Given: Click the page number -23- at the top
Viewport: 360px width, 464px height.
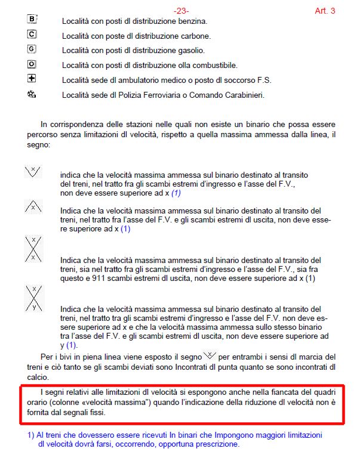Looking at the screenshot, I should pyautogui.click(x=181, y=11).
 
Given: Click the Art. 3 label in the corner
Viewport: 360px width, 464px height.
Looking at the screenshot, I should pyautogui.click(x=325, y=11).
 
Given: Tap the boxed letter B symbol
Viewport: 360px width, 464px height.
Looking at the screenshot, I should pyautogui.click(x=32, y=20).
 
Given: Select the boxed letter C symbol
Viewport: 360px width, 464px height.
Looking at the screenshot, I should pyautogui.click(x=32, y=34).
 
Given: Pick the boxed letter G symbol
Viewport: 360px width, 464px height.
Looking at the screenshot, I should pyautogui.click(x=32, y=49).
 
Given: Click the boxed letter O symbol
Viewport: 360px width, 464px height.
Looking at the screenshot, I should pyautogui.click(x=32, y=64).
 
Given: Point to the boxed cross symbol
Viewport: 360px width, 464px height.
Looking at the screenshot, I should pyautogui.click(x=32, y=79).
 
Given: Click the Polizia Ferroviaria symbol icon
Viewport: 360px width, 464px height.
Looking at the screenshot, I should pyautogui.click(x=32, y=94).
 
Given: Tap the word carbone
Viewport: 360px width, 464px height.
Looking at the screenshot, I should pyautogui.click(x=195, y=36).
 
